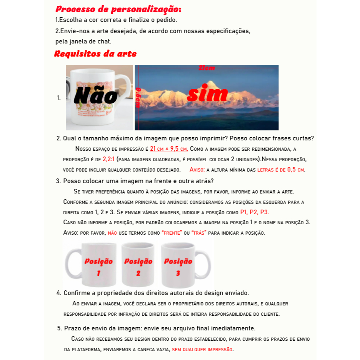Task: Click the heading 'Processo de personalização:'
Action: point(118,9)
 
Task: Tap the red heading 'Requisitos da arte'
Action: point(95,54)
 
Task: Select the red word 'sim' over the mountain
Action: point(207,93)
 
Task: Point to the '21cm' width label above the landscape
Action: point(207,68)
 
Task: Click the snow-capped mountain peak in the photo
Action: point(210,83)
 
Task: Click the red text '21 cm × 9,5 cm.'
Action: point(169,149)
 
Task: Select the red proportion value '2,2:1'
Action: point(109,159)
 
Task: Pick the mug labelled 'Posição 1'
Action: point(96,265)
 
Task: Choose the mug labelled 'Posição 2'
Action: point(138,265)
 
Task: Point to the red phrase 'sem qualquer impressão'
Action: point(202,350)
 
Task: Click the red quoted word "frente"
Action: point(172,233)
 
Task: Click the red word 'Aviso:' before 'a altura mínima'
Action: point(197,170)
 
